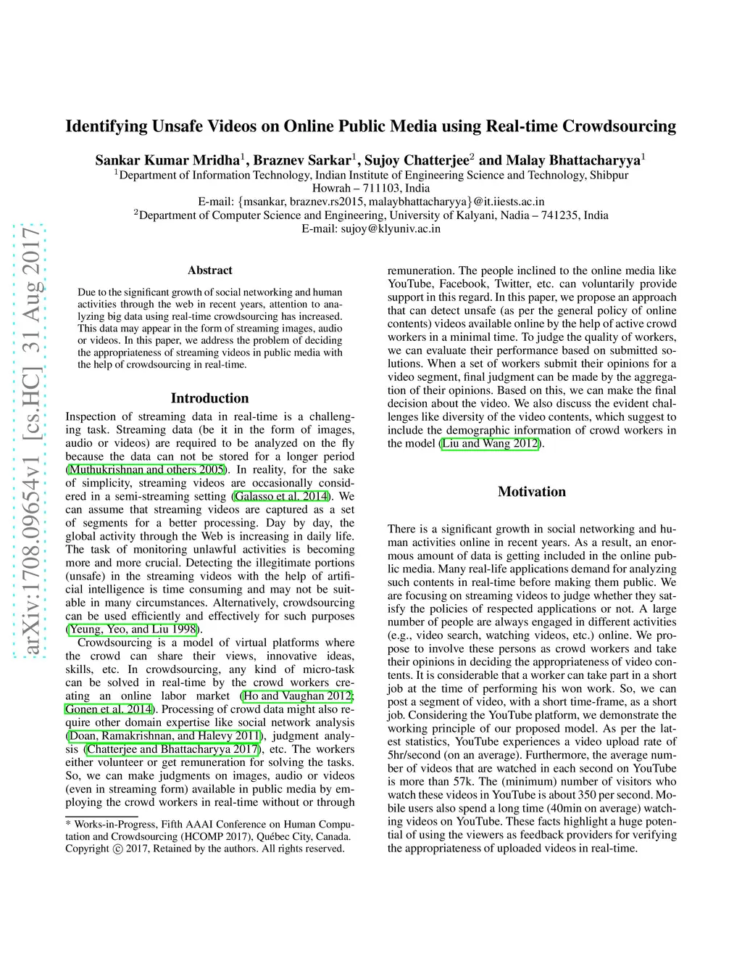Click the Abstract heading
210,271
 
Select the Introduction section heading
209,398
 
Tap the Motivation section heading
531,492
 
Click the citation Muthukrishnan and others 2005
146,469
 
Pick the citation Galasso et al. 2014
281,496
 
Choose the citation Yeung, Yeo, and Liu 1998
133,629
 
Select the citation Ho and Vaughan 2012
298,696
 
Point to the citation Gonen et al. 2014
109,709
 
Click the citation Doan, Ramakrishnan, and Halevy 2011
164,735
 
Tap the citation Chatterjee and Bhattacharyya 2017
173,749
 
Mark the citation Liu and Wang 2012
491,443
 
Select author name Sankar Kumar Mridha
167,160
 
